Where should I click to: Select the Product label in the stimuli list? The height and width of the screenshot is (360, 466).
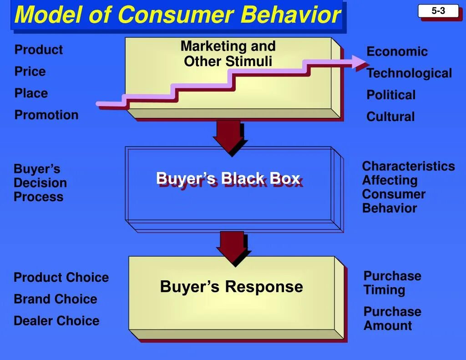click(x=39, y=50)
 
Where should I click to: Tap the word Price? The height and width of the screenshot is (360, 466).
click(x=30, y=71)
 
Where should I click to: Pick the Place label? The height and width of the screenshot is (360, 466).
click(x=31, y=93)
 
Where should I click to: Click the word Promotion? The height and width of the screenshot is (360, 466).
click(x=46, y=115)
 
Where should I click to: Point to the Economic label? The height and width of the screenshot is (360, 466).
click(x=397, y=51)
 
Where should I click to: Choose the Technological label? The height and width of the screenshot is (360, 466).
click(x=409, y=73)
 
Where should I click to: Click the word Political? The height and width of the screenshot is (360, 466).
click(x=391, y=95)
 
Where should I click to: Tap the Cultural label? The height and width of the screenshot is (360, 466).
click(x=390, y=117)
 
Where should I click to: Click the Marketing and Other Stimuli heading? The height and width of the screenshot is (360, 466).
click(x=228, y=53)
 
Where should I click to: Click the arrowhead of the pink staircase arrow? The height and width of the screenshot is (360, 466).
click(x=359, y=62)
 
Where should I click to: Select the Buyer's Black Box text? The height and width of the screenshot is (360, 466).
click(x=228, y=178)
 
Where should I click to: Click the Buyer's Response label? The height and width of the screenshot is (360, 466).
click(x=231, y=287)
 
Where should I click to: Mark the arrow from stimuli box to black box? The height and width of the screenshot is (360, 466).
click(x=229, y=136)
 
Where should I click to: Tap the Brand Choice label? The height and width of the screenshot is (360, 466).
click(x=55, y=299)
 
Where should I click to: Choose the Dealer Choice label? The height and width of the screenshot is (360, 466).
click(x=56, y=321)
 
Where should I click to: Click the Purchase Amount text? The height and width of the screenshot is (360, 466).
click(x=392, y=319)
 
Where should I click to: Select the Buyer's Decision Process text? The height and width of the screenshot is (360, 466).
click(x=40, y=183)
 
